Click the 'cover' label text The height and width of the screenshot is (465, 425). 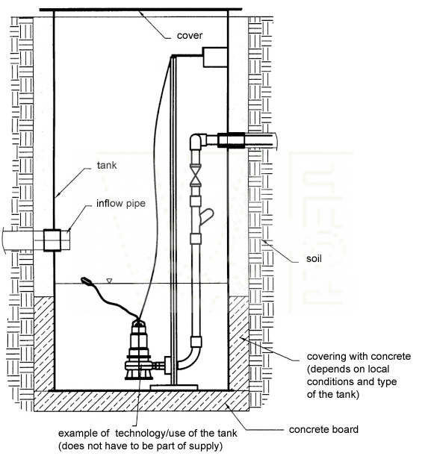[190, 35]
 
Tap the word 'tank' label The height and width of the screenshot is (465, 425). [107, 165]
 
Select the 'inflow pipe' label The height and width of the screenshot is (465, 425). [121, 204]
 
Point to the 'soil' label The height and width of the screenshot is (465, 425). [314, 258]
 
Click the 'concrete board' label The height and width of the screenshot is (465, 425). [323, 429]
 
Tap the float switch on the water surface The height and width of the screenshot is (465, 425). [87, 281]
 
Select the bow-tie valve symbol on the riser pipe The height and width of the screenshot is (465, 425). [196, 175]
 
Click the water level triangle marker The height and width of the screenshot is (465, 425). [109, 281]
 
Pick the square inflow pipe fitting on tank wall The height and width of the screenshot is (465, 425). [52, 240]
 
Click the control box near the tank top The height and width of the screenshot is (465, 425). [215, 57]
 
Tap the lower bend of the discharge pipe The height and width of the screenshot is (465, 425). [189, 359]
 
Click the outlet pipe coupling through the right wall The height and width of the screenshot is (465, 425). [232, 140]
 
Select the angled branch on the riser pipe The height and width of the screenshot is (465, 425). [207, 216]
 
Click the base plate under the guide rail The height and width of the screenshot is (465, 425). [174, 387]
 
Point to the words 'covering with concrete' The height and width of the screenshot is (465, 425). [359, 356]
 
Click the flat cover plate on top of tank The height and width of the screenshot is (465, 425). [140, 10]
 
